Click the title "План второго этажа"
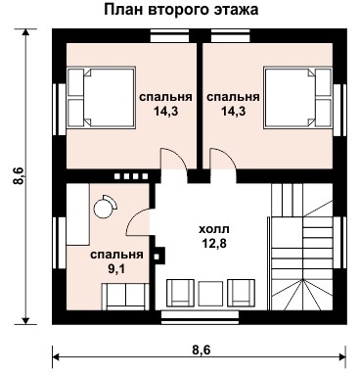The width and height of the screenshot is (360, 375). coord(181,10)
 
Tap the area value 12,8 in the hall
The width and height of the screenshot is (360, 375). coord(214,243)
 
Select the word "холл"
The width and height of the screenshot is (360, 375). coord(214,229)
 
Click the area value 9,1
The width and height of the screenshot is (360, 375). coord(116,269)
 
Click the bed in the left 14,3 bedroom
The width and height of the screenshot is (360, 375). coord(101,97)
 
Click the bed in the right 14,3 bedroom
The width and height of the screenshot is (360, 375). coord(298,97)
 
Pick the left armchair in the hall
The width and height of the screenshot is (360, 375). coord(181,293)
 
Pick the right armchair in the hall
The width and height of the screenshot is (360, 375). coord(241,293)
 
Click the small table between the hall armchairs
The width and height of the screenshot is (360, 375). coord(210,294)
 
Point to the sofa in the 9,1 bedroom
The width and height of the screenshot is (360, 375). coord(125,296)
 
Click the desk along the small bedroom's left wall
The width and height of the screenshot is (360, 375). coord(78,214)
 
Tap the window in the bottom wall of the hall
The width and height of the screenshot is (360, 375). coord(201,317)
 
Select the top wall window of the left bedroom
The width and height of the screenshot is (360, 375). coord(169,35)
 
